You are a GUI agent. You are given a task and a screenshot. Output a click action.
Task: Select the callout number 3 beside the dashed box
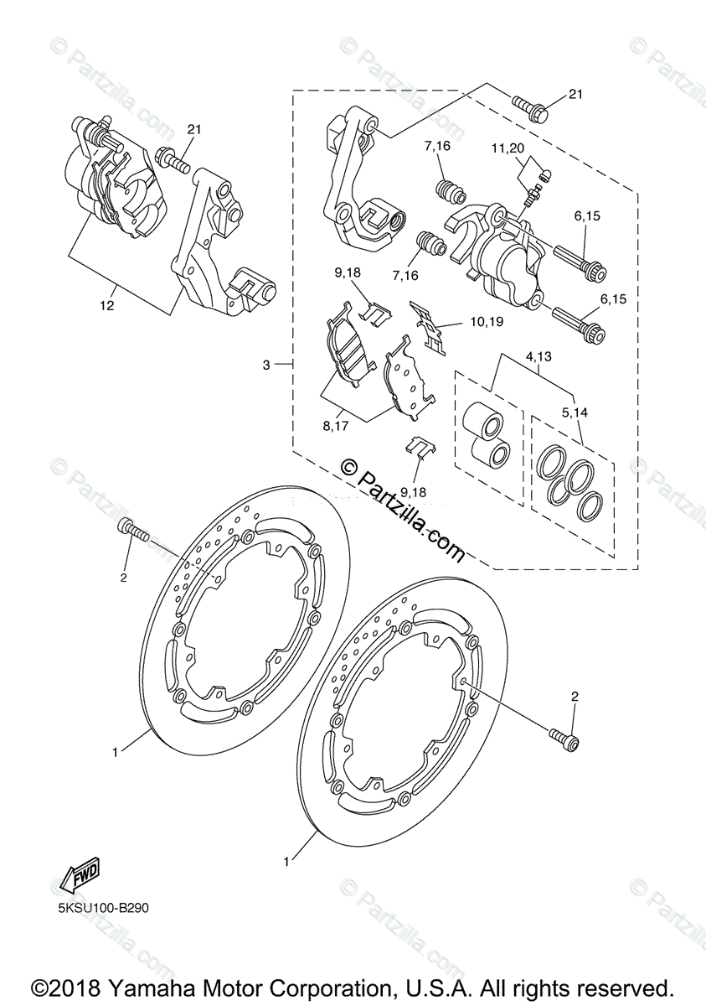point(266,365)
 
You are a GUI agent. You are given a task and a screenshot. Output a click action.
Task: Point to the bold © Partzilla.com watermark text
point(402,511)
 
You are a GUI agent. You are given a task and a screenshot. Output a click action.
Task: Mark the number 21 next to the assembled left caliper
point(194,129)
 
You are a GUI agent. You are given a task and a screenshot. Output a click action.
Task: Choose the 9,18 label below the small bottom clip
point(413,492)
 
